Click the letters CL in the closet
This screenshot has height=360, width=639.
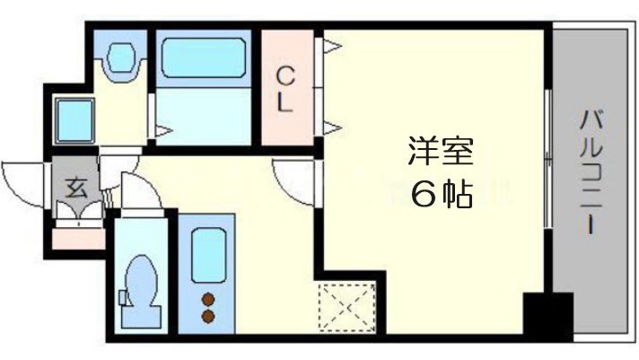click(284, 88)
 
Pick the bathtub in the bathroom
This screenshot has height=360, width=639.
click(206, 59)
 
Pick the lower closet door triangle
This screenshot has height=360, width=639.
click(330, 126)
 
